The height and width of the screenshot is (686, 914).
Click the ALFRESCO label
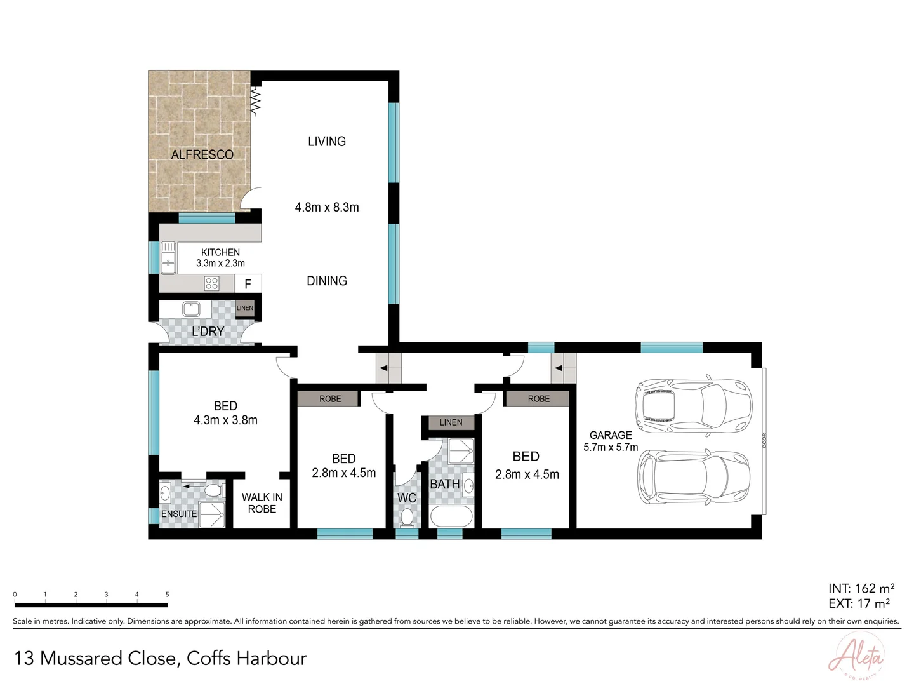click(x=202, y=154)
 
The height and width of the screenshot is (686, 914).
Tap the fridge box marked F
click(x=248, y=284)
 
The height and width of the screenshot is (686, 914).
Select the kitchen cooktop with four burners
click(x=211, y=283)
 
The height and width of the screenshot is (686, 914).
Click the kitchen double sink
click(x=168, y=258)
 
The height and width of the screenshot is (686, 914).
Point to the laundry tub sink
click(x=191, y=309)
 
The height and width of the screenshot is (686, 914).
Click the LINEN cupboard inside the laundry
click(x=245, y=308)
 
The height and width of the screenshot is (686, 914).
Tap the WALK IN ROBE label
click(x=262, y=503)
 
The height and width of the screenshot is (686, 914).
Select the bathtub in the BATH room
click(x=451, y=516)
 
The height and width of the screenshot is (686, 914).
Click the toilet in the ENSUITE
click(x=213, y=491)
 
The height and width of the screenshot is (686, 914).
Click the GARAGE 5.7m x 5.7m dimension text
click(x=611, y=441)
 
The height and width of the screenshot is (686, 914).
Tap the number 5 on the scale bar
click(x=168, y=595)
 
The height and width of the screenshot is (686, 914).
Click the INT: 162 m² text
click(x=861, y=588)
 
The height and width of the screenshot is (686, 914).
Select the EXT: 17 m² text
click(x=859, y=603)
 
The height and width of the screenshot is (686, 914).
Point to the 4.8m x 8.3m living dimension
click(x=327, y=207)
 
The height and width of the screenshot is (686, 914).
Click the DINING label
click(x=327, y=281)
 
